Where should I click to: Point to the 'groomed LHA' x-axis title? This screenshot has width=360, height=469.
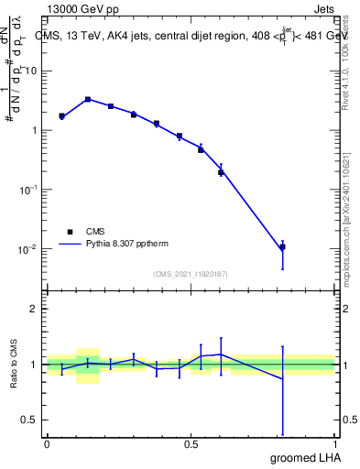[303, 457]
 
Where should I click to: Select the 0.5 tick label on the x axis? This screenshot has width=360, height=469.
[191, 443]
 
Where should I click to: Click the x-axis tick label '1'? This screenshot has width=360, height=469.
[337, 443]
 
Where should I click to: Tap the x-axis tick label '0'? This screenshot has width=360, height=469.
[47, 443]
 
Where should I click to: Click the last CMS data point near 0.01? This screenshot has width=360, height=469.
[283, 247]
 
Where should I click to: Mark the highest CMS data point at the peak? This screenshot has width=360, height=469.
[88, 99]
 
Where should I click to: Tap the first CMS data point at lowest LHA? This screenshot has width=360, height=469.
[61, 116]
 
